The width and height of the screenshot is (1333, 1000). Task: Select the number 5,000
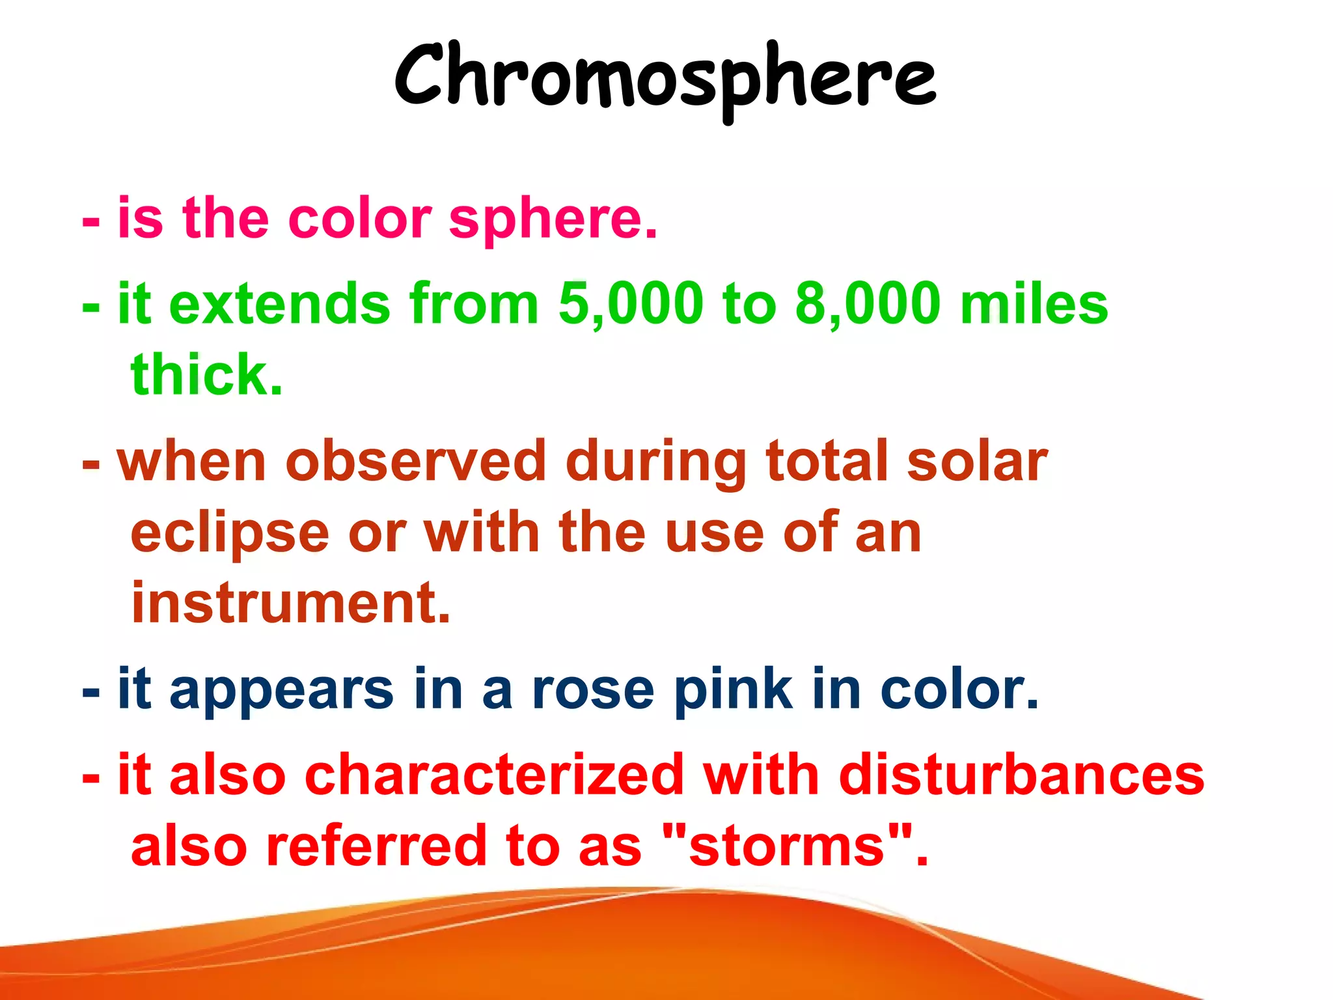(631, 303)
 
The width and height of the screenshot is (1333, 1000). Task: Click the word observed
(415, 461)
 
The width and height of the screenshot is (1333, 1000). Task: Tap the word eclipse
(230, 533)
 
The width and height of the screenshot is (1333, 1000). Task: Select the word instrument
(290, 602)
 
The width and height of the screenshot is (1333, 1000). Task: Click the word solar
(976, 461)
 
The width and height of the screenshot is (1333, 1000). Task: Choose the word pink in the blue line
(733, 690)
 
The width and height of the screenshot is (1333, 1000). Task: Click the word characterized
(494, 775)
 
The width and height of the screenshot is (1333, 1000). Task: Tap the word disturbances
(1021, 775)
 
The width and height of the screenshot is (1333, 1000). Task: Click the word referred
(376, 846)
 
